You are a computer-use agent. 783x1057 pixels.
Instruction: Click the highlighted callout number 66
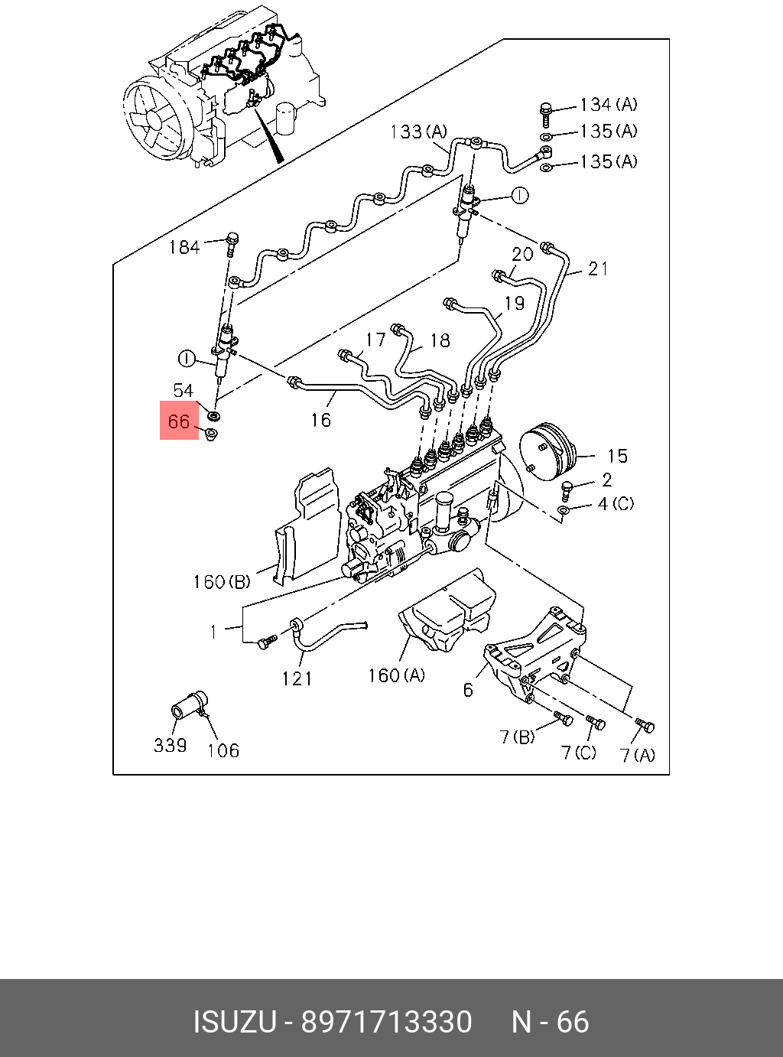178,421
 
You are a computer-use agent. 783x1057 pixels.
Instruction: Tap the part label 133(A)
418,132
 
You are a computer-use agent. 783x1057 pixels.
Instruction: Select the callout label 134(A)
608,105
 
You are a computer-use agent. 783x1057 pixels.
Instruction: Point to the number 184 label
184,247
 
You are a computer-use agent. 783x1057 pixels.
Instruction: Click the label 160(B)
221,582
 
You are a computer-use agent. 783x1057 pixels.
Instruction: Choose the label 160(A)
396,675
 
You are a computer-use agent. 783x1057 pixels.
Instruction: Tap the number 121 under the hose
297,678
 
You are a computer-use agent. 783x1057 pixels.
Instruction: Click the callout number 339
170,745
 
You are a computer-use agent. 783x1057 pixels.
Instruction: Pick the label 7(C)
578,753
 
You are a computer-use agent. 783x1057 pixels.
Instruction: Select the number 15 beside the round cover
617,457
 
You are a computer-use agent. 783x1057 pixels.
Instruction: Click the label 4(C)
616,504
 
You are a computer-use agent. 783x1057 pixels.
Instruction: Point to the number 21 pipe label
598,268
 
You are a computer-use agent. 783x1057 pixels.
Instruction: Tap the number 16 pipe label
321,419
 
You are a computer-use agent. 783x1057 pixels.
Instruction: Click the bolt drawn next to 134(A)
546,112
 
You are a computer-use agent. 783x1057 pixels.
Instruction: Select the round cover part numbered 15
545,451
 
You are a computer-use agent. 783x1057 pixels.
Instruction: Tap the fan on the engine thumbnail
156,120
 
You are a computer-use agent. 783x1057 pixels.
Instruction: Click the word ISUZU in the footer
233,1022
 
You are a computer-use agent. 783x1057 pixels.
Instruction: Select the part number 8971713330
386,1022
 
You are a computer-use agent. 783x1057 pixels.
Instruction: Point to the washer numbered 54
215,416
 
